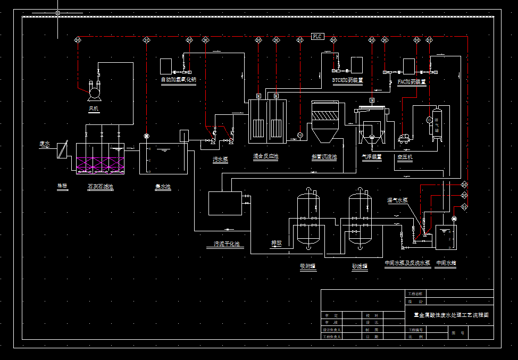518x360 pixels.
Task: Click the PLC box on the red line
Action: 318,36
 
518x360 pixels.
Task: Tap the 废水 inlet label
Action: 45,144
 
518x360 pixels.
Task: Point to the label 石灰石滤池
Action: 100,187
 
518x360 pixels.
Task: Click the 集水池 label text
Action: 163,187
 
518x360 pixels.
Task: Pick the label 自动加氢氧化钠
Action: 179,80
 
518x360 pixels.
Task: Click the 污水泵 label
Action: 220,159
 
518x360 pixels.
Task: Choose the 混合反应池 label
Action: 265,157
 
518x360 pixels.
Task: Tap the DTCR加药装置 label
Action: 347,80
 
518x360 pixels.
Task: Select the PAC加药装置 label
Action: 412,82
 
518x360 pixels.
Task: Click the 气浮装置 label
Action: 372,157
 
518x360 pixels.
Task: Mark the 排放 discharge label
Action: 276,243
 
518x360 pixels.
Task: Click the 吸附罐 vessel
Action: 308,218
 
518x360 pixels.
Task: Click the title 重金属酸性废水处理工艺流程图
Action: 450,315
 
